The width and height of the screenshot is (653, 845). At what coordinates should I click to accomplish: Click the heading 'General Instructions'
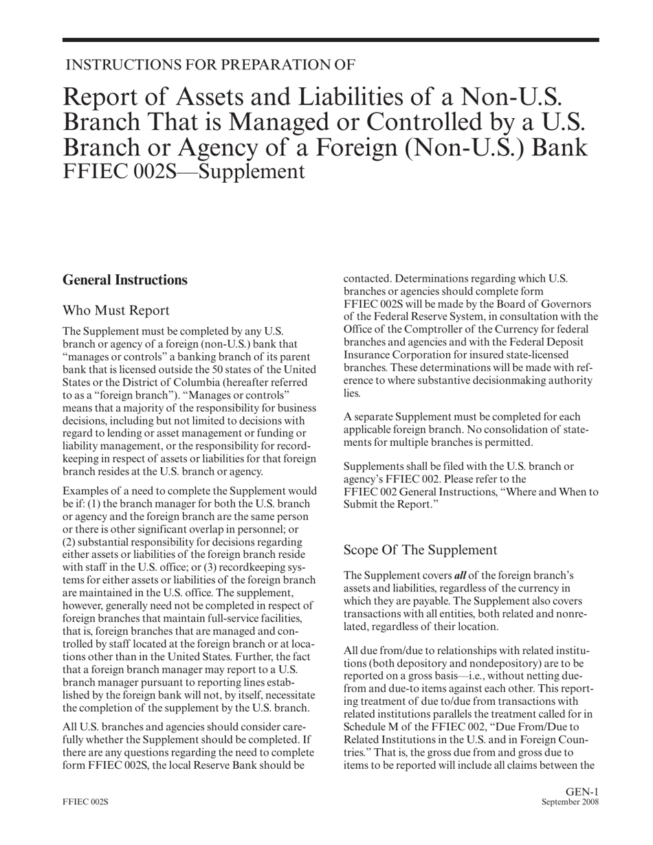point(124,280)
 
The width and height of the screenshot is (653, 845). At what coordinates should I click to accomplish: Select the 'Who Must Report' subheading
point(115,311)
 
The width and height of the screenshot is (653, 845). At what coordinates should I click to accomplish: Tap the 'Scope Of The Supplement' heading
point(419,550)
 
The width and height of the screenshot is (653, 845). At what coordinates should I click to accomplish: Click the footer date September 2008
point(570,802)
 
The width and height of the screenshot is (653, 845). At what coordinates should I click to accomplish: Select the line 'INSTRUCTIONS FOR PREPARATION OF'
point(210,65)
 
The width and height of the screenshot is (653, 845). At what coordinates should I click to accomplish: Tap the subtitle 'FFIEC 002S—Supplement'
point(184,170)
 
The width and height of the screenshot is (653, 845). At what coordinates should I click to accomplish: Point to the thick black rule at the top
point(330,41)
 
